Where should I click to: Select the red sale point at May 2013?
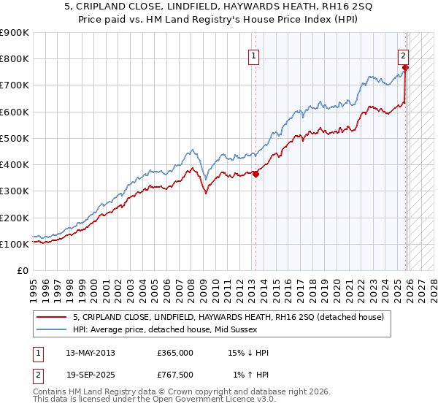pos(255,174)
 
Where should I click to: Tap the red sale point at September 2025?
pos(406,68)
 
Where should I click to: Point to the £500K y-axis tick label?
pos(15,138)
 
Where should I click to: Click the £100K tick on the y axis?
pos(15,244)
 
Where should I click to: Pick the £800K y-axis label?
pos(15,58)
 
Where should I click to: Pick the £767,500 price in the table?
pos(175,375)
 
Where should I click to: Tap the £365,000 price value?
pos(175,353)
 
